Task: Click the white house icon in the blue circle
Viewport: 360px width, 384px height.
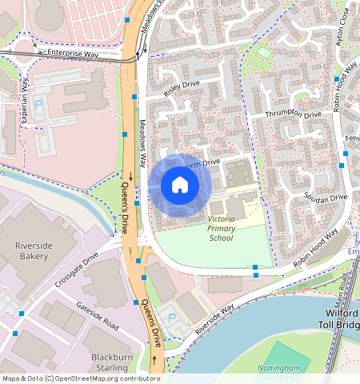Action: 180,186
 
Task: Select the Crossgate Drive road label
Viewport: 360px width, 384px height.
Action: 77,272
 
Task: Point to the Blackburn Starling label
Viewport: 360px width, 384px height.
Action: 111,362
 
